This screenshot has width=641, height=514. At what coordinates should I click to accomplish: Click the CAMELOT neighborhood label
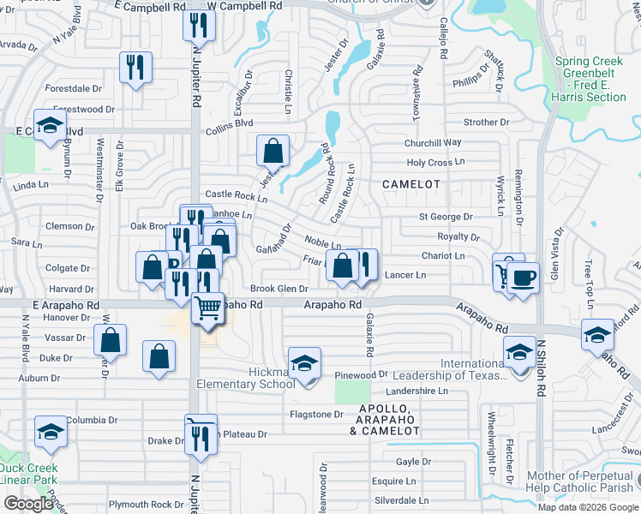coord(410,184)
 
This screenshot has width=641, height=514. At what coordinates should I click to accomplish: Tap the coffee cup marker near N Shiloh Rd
coord(523,278)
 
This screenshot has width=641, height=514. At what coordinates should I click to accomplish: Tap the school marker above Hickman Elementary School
coord(304,363)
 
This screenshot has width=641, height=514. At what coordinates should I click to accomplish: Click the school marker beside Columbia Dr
coord(51,432)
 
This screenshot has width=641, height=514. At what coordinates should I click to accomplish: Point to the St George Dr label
coord(446,218)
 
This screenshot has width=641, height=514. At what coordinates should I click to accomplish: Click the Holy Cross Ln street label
coord(434,162)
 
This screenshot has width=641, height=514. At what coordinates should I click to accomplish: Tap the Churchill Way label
coord(434,142)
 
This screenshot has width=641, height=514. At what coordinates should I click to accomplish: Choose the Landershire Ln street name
coord(417,391)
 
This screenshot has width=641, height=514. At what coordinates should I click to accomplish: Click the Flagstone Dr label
coord(316,415)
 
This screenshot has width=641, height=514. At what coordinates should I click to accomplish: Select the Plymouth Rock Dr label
coord(141,504)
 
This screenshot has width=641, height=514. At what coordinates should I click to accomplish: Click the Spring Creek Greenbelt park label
coord(590,79)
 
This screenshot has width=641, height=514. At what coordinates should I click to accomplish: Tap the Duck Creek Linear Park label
coord(29,474)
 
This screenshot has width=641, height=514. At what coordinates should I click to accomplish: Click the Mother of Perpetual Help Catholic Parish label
coord(583,481)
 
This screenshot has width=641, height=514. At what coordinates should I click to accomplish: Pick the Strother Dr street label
coord(486,123)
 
